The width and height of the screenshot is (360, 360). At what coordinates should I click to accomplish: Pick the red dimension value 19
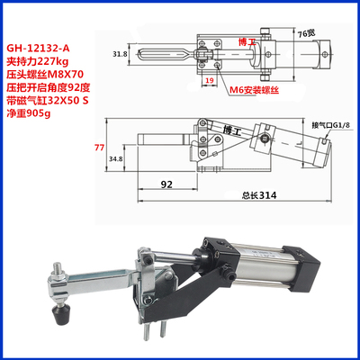click(x=208, y=80)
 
